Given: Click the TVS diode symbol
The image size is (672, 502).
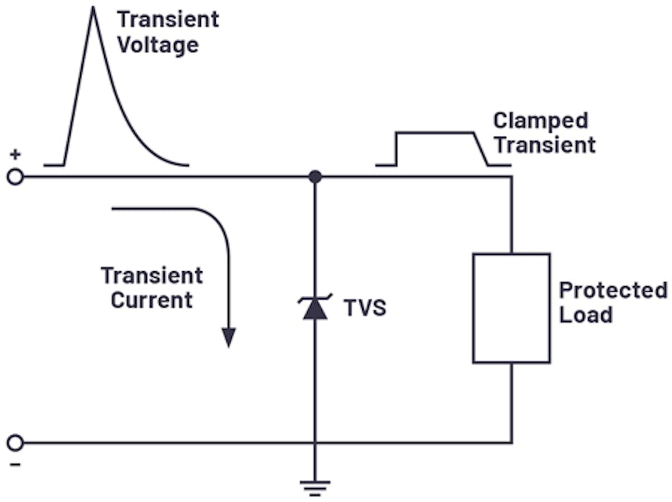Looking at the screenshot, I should (x=315, y=307).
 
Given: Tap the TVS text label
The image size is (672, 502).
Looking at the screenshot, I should (x=365, y=308).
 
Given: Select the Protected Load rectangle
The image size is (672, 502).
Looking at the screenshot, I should (x=511, y=308).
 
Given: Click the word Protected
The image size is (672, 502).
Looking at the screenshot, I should (x=613, y=290).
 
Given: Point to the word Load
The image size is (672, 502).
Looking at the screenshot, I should (x=586, y=314).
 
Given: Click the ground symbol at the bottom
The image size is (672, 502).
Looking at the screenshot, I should (x=315, y=486).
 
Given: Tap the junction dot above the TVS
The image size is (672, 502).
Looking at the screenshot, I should (x=315, y=176).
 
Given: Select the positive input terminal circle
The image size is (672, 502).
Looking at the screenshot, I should (x=15, y=176).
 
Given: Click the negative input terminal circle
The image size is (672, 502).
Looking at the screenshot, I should (x=15, y=443).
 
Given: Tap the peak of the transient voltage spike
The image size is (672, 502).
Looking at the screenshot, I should (x=92, y=8).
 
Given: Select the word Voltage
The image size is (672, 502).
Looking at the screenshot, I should (x=157, y=45).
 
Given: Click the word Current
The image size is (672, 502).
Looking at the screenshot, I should (x=151, y=300).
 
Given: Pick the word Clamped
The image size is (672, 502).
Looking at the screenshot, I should (x=540, y=120).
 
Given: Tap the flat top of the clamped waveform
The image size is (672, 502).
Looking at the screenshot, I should (x=435, y=132).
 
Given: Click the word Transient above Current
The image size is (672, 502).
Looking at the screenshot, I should (x=151, y=275).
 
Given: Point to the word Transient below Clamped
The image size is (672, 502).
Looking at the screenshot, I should (x=545, y=145).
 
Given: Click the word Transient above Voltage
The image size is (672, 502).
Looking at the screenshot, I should (x=168, y=19).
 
